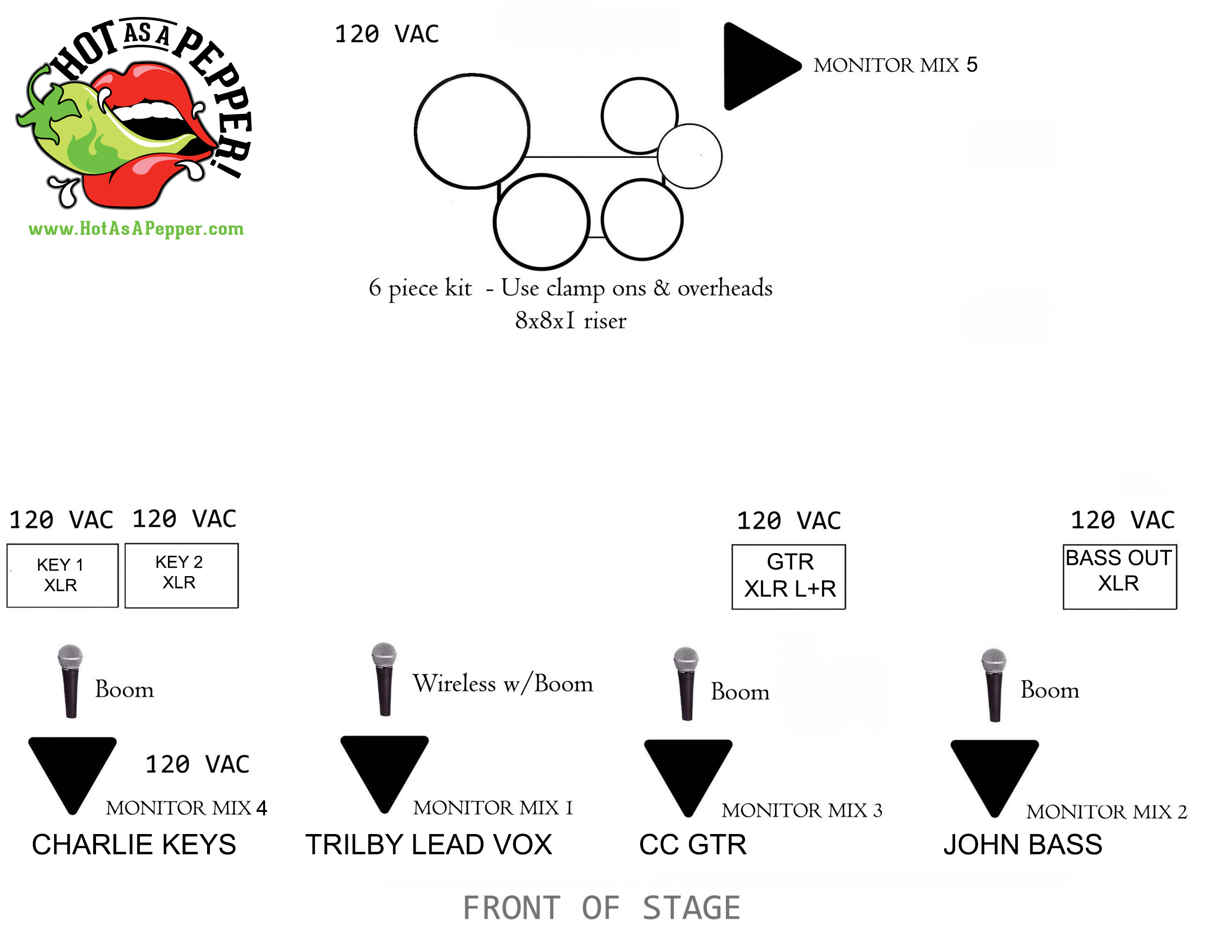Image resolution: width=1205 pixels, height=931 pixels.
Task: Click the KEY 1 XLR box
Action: point(62,575)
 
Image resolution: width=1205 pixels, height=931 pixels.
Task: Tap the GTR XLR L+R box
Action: point(788,576)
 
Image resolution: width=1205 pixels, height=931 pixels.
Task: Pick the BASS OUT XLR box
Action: point(1119,576)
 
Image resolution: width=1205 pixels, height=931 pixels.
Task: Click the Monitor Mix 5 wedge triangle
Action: point(756,66)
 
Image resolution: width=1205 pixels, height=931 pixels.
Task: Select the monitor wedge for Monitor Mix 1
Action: point(385,767)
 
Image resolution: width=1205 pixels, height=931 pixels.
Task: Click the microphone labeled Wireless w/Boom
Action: point(384,679)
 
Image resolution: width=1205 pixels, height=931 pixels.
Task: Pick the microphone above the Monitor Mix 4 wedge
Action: point(71,681)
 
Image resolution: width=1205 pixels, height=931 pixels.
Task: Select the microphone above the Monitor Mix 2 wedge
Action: point(994,684)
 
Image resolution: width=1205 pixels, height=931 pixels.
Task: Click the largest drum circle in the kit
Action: point(472,131)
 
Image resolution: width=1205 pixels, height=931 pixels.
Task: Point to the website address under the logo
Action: point(136,228)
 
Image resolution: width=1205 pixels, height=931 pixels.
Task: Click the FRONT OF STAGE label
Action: point(602,908)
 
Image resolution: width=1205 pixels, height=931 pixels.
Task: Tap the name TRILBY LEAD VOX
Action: point(429,844)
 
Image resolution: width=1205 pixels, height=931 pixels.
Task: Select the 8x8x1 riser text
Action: point(570,321)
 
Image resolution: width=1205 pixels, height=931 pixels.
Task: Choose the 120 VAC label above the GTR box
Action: point(789,521)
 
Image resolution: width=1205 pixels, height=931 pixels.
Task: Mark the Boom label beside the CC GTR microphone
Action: point(740,692)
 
